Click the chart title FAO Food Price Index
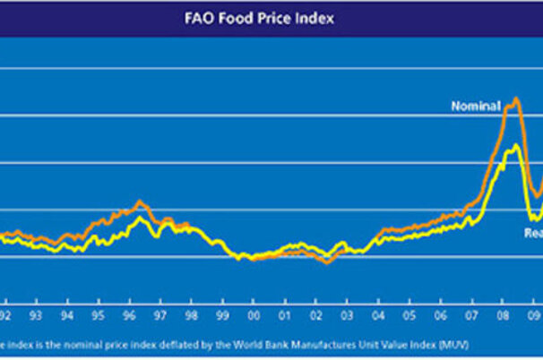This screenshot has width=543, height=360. coord(271,18)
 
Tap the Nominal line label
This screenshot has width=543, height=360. coord(474,107)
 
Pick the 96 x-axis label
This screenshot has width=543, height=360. coord(128,315)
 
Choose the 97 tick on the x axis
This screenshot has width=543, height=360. coord(159,315)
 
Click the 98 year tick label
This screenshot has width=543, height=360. coord(191,315)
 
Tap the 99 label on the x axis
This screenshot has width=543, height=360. coord(222,315)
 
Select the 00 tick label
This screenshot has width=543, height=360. coord(254,315)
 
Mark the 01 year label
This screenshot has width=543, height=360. coord(285,315)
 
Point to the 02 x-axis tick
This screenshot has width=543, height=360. coord(316,315)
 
